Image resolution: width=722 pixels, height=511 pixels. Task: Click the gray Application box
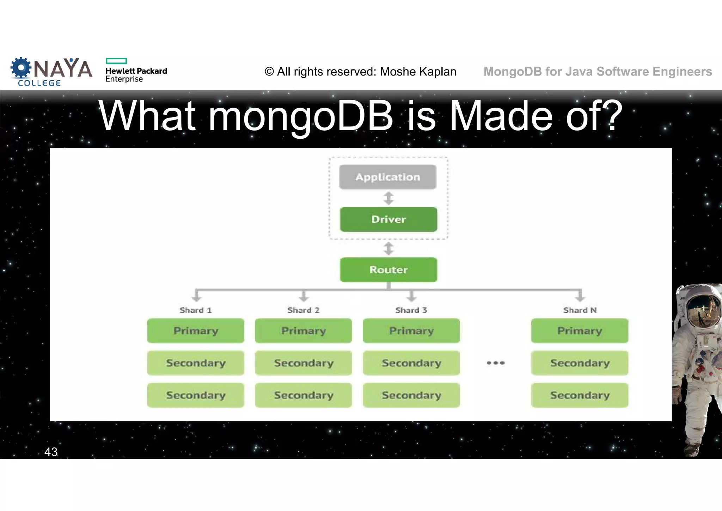click(387, 177)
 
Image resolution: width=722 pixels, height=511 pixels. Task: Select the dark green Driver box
click(388, 220)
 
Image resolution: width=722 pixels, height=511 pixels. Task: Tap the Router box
click(388, 270)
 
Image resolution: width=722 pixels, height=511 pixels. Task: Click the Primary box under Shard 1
click(196, 331)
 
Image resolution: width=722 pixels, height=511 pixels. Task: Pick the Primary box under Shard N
click(580, 331)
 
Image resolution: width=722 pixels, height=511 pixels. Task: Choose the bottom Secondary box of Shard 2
click(304, 395)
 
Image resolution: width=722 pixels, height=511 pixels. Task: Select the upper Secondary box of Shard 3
click(411, 363)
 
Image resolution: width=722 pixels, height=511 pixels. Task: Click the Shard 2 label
click(303, 310)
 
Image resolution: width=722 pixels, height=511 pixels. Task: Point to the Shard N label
click(580, 310)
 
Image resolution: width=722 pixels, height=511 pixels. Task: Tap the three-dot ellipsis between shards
click(495, 363)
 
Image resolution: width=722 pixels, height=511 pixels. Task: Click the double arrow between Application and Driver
click(388, 198)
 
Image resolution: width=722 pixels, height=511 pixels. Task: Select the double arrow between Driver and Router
click(388, 249)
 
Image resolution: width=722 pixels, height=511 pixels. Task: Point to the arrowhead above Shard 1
click(196, 298)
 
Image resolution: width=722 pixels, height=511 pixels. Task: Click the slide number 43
click(51, 452)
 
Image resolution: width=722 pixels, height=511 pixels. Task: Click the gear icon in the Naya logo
click(20, 68)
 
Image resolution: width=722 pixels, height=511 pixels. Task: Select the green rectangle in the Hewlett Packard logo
click(116, 61)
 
